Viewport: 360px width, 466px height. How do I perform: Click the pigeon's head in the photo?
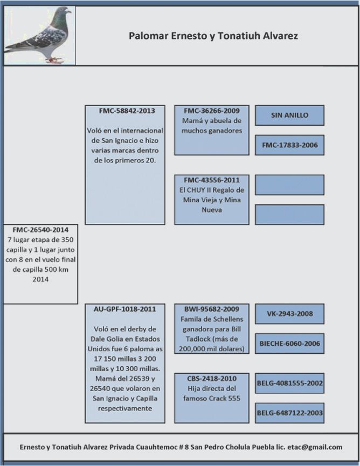pos(64,12)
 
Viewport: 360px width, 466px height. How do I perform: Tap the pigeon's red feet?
pos(54,60)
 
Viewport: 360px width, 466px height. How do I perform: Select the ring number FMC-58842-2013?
pos(127,111)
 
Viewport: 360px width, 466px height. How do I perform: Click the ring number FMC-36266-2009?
pos(212,111)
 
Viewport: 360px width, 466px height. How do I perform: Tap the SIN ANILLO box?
pos(289,115)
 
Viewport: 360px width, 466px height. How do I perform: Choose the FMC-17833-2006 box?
pos(289,145)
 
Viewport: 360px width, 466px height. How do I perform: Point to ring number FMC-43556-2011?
pos(212,180)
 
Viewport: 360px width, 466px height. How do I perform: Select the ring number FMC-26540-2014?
pos(40,230)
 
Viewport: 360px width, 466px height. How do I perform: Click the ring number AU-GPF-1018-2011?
pos(124,309)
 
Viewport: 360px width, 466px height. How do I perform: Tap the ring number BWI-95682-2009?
pos(212,309)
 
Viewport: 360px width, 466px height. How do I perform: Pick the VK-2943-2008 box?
pos(289,313)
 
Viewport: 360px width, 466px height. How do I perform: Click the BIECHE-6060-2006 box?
pos(289,344)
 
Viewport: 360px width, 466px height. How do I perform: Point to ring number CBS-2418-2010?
pos(212,379)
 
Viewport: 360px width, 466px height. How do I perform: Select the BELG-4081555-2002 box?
pos(289,383)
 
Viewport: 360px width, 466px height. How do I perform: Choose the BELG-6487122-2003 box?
pos(289,413)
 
